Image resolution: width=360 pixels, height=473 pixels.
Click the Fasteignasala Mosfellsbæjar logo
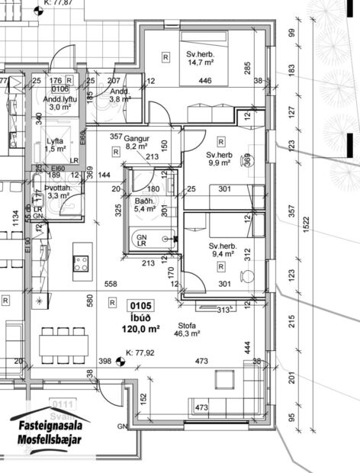point(50,433)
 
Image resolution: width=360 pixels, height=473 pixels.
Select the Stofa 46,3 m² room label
point(187,330)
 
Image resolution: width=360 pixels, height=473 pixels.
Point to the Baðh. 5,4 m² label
point(144,204)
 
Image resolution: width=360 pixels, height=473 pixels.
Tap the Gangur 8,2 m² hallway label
point(136,142)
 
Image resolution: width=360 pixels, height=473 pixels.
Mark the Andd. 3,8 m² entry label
point(120,95)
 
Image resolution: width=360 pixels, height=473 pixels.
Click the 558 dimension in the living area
point(111,284)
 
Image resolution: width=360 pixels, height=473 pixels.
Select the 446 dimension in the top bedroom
point(205,81)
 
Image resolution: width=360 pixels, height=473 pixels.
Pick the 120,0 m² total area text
point(143,329)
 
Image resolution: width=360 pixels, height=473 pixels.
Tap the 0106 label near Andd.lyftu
point(55,88)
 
